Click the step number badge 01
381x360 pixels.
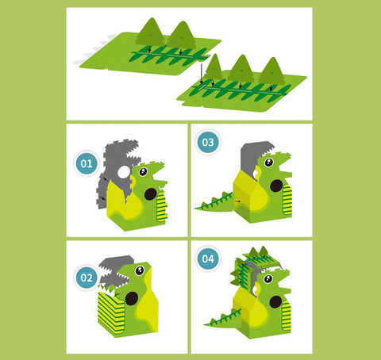click(87, 163)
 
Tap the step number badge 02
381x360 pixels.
click(87, 278)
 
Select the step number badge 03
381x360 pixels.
click(208, 142)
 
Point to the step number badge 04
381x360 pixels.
click(208, 259)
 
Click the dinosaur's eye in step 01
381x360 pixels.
click(143, 172)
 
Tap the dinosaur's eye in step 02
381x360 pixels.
click(140, 270)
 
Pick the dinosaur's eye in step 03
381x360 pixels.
click(269, 162)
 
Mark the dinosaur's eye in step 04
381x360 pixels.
click(268, 279)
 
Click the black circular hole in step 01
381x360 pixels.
click(151, 194)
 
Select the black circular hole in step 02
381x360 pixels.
click(132, 299)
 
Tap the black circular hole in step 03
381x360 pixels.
click(276, 186)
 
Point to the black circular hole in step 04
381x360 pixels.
click(275, 302)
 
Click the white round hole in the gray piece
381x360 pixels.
click(124, 172)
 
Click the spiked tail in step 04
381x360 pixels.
click(223, 318)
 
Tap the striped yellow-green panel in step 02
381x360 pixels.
click(111, 312)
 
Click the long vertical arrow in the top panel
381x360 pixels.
click(202, 74)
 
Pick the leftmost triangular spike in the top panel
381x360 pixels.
click(151, 32)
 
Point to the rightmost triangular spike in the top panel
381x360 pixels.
click(271, 71)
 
